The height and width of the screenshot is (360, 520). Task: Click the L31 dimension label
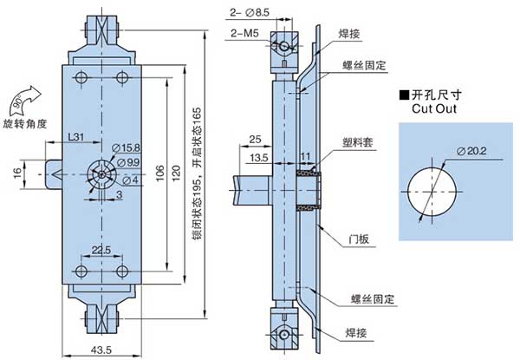click(75, 138)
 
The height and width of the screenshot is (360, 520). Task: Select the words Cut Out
click(435, 110)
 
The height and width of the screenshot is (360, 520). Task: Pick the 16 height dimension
click(16, 173)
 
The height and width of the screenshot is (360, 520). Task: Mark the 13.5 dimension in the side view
click(257, 159)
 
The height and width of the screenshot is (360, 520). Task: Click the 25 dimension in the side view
click(255, 140)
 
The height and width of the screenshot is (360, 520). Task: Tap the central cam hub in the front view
click(101, 173)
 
